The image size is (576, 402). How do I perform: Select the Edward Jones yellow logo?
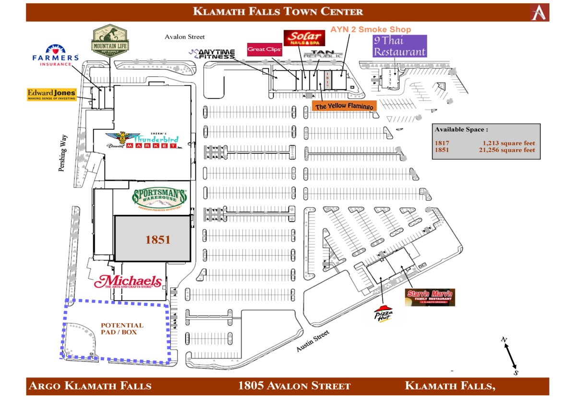pos(51,94)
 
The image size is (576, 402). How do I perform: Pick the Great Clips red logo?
pos(264,49)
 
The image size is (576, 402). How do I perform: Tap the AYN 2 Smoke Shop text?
pos(371,30)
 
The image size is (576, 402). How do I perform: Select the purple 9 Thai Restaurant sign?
pos(399,46)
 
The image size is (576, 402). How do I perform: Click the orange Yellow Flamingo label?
pos(343,105)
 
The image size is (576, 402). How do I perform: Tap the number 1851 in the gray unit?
pos(158,239)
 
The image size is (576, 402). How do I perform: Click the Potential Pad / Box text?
pos(122,328)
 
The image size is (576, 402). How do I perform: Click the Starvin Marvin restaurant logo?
pos(430,297)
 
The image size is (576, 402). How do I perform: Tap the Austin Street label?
pos(312,341)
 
